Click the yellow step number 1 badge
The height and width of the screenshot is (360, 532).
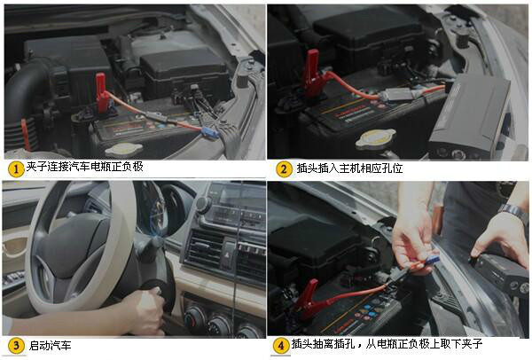pos(16,168)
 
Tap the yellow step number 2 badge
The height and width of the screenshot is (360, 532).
pos(284,169)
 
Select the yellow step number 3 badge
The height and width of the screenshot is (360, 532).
pos(16,346)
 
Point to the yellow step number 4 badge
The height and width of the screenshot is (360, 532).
pos(281,346)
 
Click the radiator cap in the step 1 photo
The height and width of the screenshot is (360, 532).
pos(124,149)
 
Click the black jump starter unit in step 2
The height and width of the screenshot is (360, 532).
pos(471,117)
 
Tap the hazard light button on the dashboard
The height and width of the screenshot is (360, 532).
pos(226,254)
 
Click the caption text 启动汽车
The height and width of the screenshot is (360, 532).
pos(50,346)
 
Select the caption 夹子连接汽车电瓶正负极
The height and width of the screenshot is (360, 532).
pos(85,167)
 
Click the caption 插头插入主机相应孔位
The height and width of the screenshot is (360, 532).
pos(350,168)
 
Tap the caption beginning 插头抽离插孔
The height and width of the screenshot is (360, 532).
pos(387,344)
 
